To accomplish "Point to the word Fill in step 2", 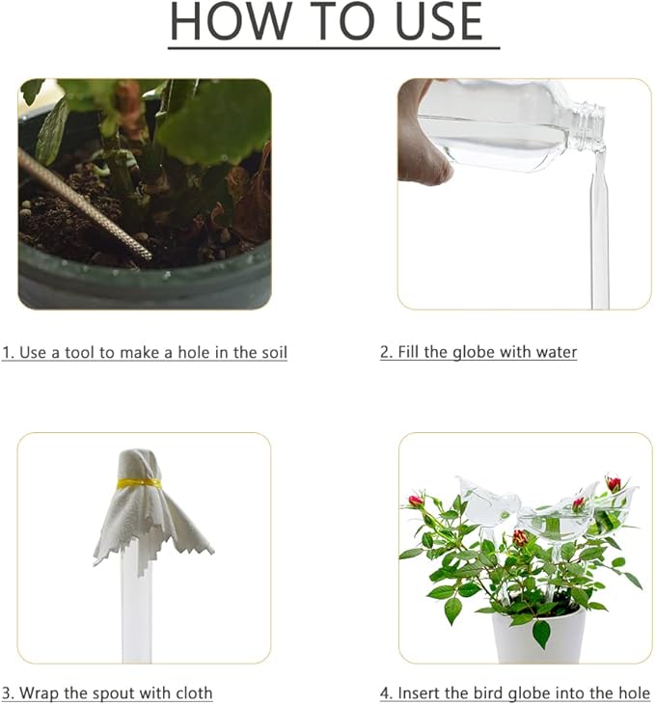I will coord(410,352).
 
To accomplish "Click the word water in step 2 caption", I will coord(555,352).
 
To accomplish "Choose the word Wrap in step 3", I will coord(40,692).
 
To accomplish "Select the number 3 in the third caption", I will coord(7,692).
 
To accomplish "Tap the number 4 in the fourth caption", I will coord(384,692).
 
